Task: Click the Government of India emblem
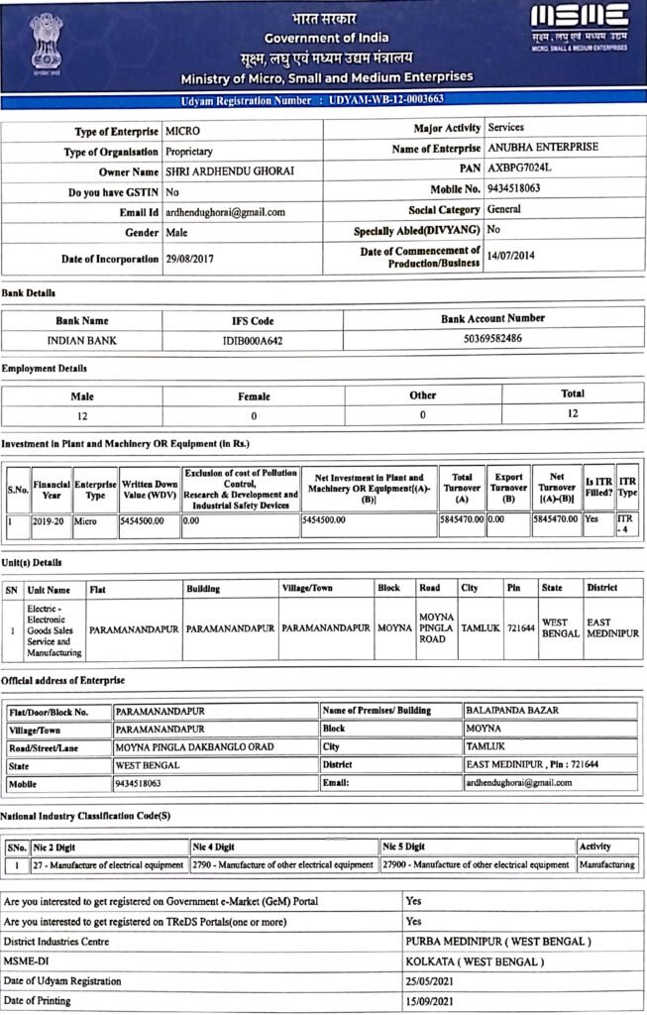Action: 46,41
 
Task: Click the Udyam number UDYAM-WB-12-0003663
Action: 387,101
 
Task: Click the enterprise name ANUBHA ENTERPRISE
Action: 543,147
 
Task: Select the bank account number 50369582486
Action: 492,338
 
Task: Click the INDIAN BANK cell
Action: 82,339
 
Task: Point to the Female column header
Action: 254,396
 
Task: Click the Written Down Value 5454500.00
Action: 149,519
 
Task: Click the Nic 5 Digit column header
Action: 403,847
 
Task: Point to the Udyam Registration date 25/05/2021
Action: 436,980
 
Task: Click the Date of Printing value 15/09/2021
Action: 436,1000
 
